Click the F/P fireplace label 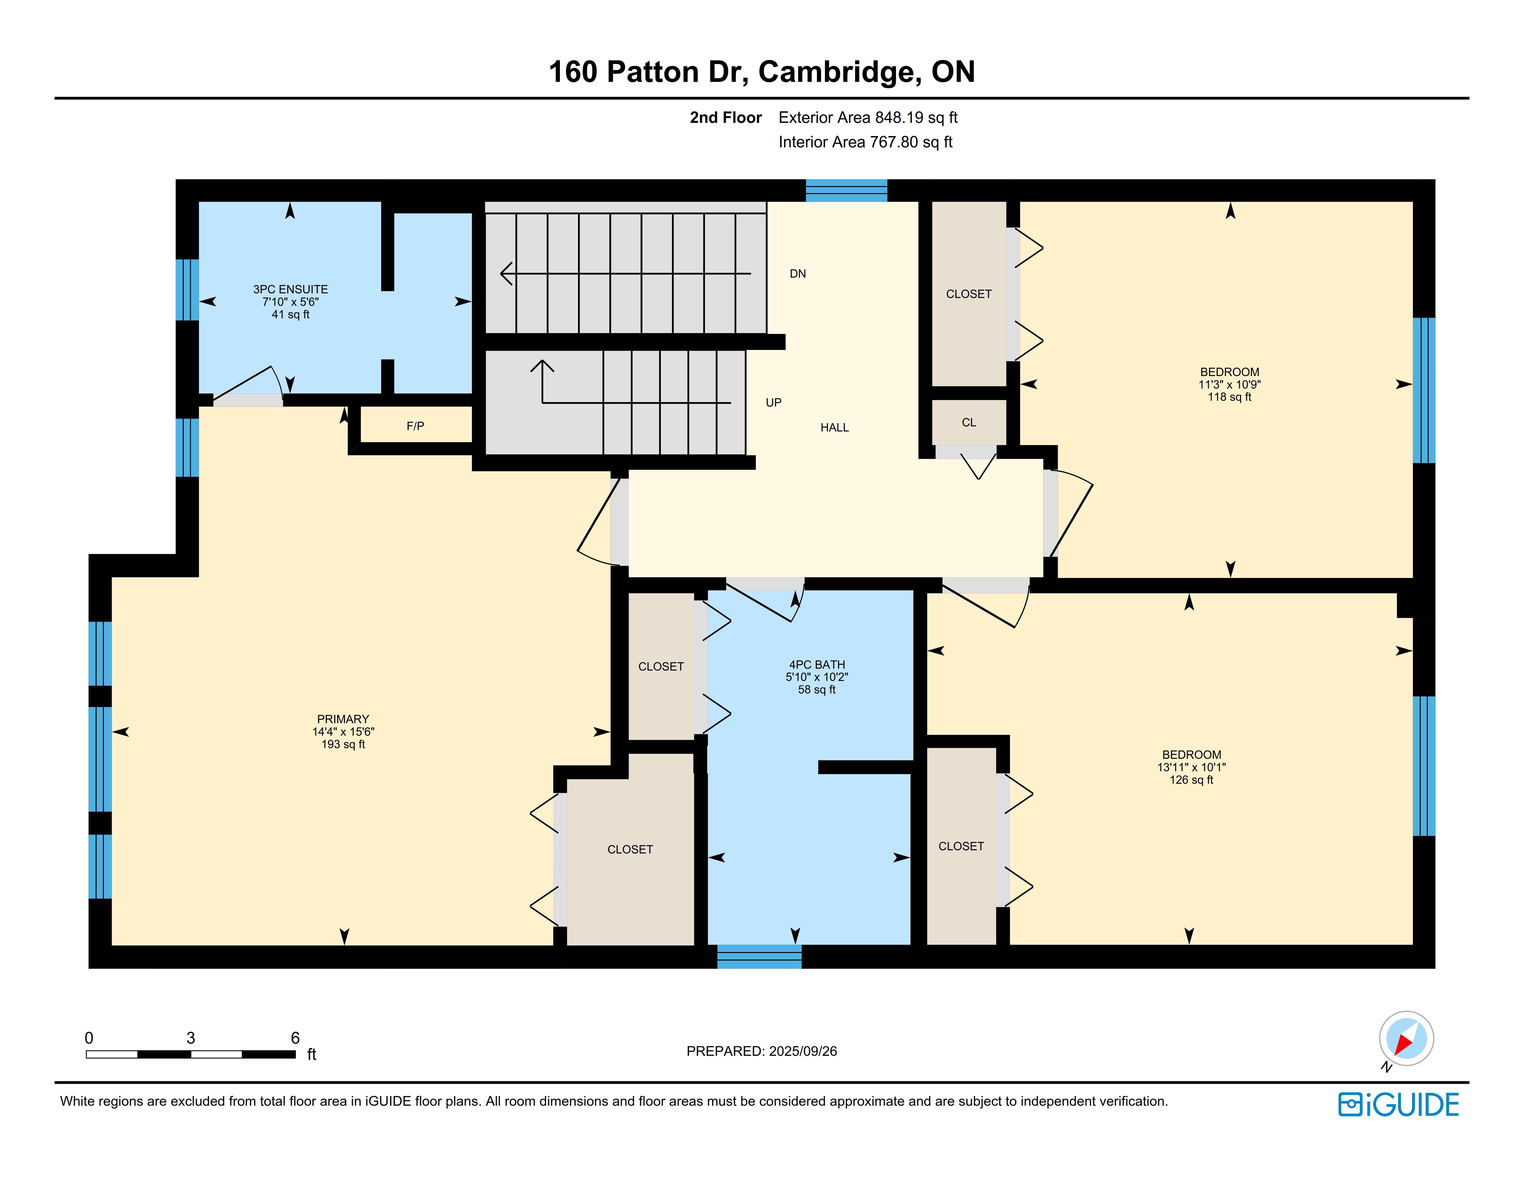pyautogui.click(x=415, y=426)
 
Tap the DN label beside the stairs pyautogui.click(x=798, y=273)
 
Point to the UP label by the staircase pyautogui.click(x=773, y=403)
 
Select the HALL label pyautogui.click(x=835, y=428)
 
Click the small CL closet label pyautogui.click(x=969, y=422)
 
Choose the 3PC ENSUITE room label pyautogui.click(x=290, y=289)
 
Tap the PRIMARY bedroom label pyautogui.click(x=343, y=719)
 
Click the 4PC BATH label pyautogui.click(x=816, y=664)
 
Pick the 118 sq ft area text pyautogui.click(x=1230, y=397)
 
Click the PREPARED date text pyautogui.click(x=761, y=1051)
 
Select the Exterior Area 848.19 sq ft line pyautogui.click(x=868, y=117)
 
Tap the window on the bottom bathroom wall pyautogui.click(x=759, y=957)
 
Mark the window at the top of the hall pyautogui.click(x=847, y=191)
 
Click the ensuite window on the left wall pyautogui.click(x=187, y=290)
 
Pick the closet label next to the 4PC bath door pyautogui.click(x=661, y=666)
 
